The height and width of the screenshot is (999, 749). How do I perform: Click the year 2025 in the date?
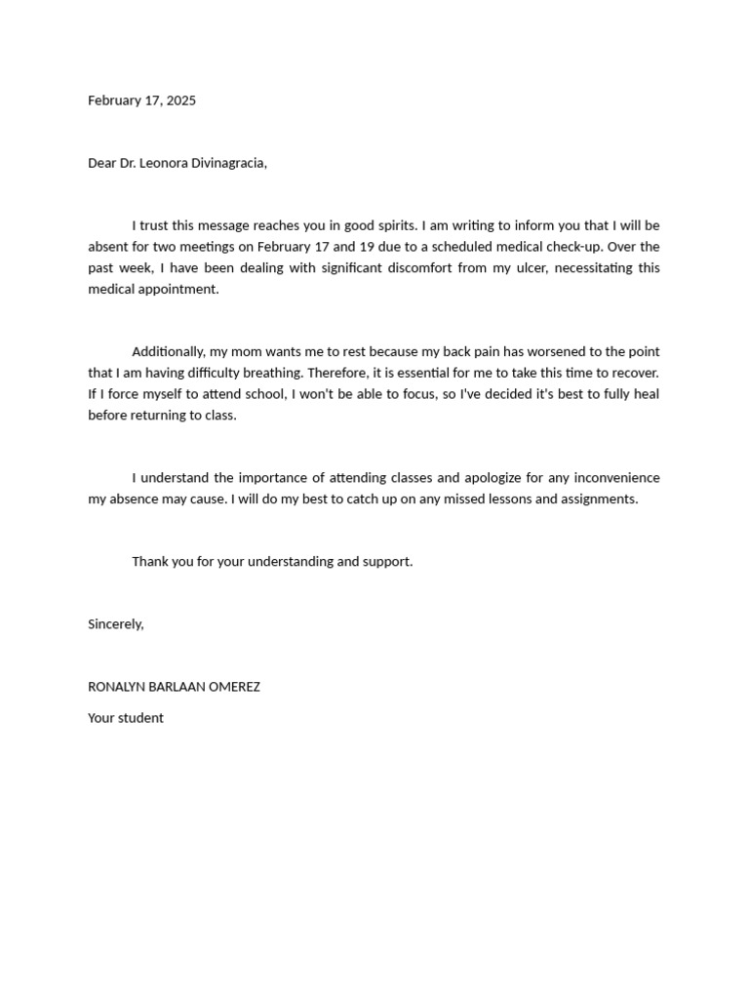[x=180, y=100]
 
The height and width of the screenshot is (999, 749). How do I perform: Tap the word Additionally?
[x=168, y=351]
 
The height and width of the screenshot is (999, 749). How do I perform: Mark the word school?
[x=264, y=394]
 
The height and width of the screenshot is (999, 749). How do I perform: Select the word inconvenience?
[x=616, y=477]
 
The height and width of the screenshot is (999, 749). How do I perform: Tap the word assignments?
[x=600, y=499]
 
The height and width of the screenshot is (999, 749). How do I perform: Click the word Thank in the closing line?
[x=150, y=561]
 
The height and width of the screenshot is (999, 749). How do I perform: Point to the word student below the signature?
[x=141, y=718]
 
